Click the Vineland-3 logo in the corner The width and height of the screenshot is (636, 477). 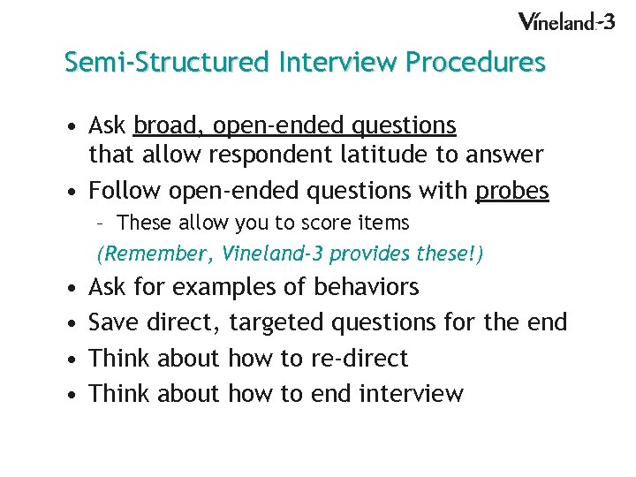point(565,21)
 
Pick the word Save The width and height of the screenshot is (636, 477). point(115,322)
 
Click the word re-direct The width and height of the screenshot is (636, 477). point(360,358)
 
